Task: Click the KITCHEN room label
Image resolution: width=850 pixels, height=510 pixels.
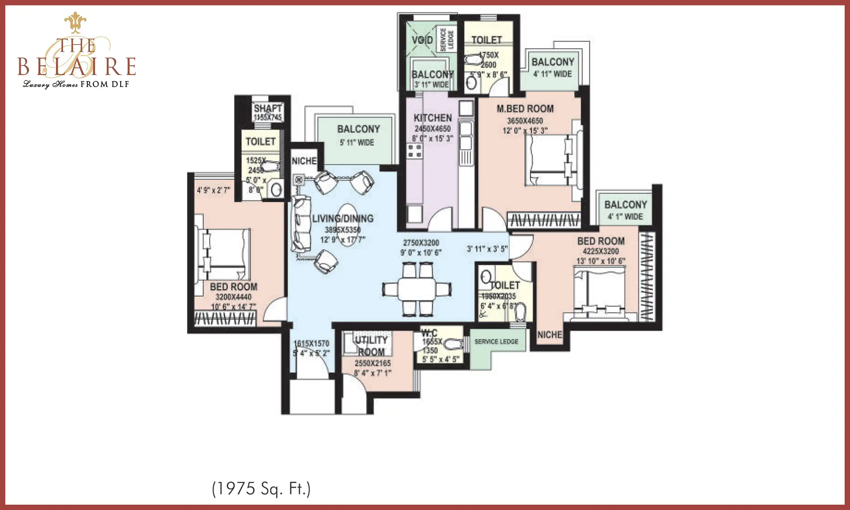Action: (x=433, y=118)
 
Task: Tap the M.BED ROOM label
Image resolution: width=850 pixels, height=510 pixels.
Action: (x=525, y=109)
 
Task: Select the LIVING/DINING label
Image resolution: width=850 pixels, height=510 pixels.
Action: (x=342, y=219)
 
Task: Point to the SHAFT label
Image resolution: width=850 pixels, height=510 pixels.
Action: (x=268, y=108)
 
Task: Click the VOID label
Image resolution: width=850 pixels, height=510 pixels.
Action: (x=422, y=40)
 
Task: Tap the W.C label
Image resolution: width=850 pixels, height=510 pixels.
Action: (x=429, y=333)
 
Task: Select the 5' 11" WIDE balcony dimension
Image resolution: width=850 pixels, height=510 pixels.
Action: (x=357, y=143)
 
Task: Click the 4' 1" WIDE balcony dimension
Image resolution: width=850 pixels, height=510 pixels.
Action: (x=625, y=217)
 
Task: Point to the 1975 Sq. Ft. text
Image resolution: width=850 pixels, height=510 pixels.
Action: (x=261, y=489)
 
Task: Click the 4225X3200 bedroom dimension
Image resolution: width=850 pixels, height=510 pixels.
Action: (x=601, y=251)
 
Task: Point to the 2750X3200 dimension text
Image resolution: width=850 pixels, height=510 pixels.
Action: (x=421, y=243)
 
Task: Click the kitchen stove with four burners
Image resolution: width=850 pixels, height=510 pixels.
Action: (x=414, y=151)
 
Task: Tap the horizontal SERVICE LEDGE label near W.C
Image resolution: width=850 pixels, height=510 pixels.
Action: (x=496, y=342)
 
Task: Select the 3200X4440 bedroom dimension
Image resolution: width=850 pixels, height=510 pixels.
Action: (x=233, y=297)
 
